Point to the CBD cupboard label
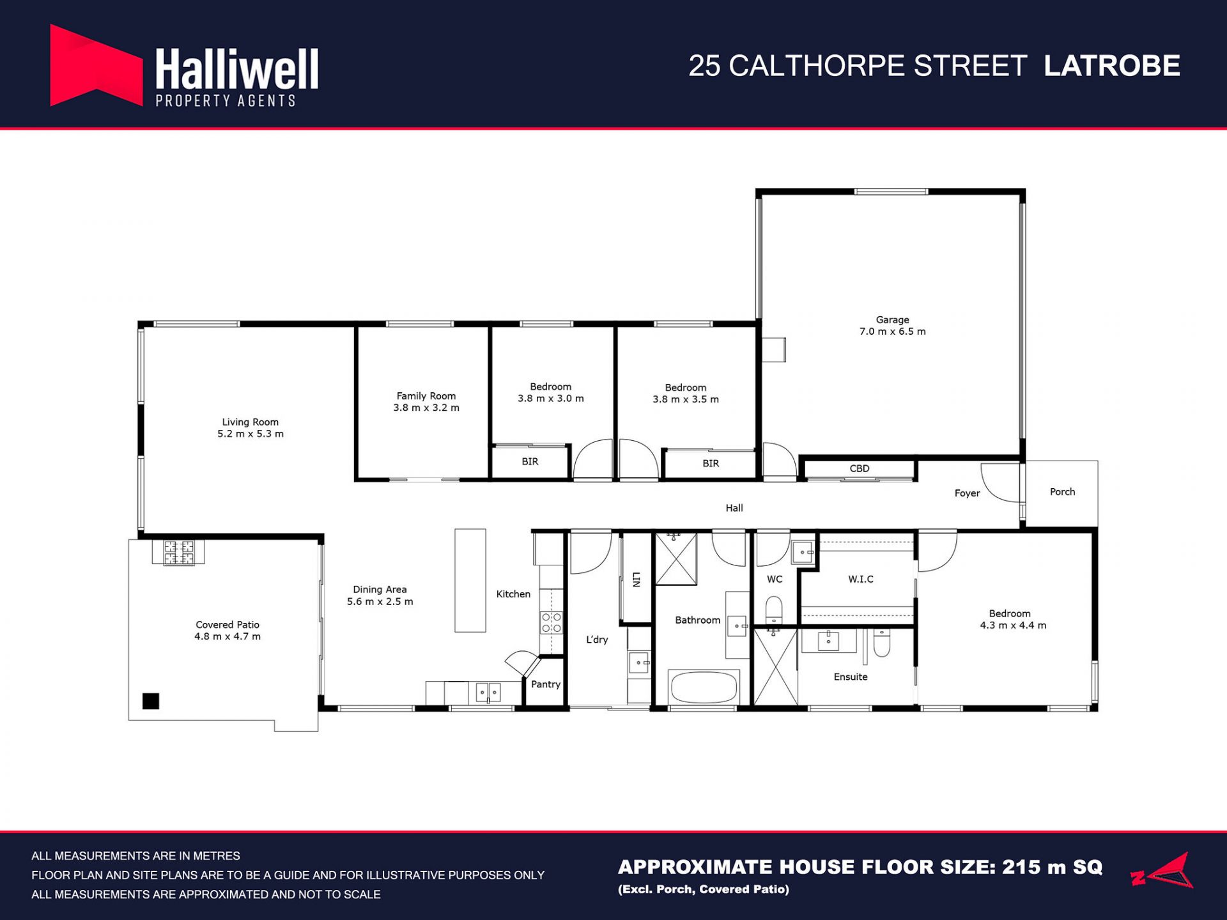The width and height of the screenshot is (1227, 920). (860, 468)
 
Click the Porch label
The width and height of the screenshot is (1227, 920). (1062, 492)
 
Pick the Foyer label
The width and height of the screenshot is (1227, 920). (967, 493)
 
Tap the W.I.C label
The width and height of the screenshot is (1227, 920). (861, 579)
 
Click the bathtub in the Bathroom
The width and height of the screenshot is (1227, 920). (703, 687)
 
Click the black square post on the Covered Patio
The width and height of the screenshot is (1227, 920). (151, 701)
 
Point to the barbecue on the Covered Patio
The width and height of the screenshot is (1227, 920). (179, 553)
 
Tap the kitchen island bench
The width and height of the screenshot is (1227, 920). (470, 580)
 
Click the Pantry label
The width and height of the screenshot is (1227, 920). (545, 684)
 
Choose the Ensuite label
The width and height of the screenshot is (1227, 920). (851, 677)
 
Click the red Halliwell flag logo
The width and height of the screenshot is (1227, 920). (96, 65)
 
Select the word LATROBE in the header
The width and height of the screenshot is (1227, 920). (1112, 66)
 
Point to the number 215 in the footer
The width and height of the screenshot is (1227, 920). (1020, 867)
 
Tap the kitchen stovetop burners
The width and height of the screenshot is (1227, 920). (552, 622)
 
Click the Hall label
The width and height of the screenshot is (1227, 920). (734, 508)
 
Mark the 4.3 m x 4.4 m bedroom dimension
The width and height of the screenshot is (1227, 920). (1013, 625)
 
